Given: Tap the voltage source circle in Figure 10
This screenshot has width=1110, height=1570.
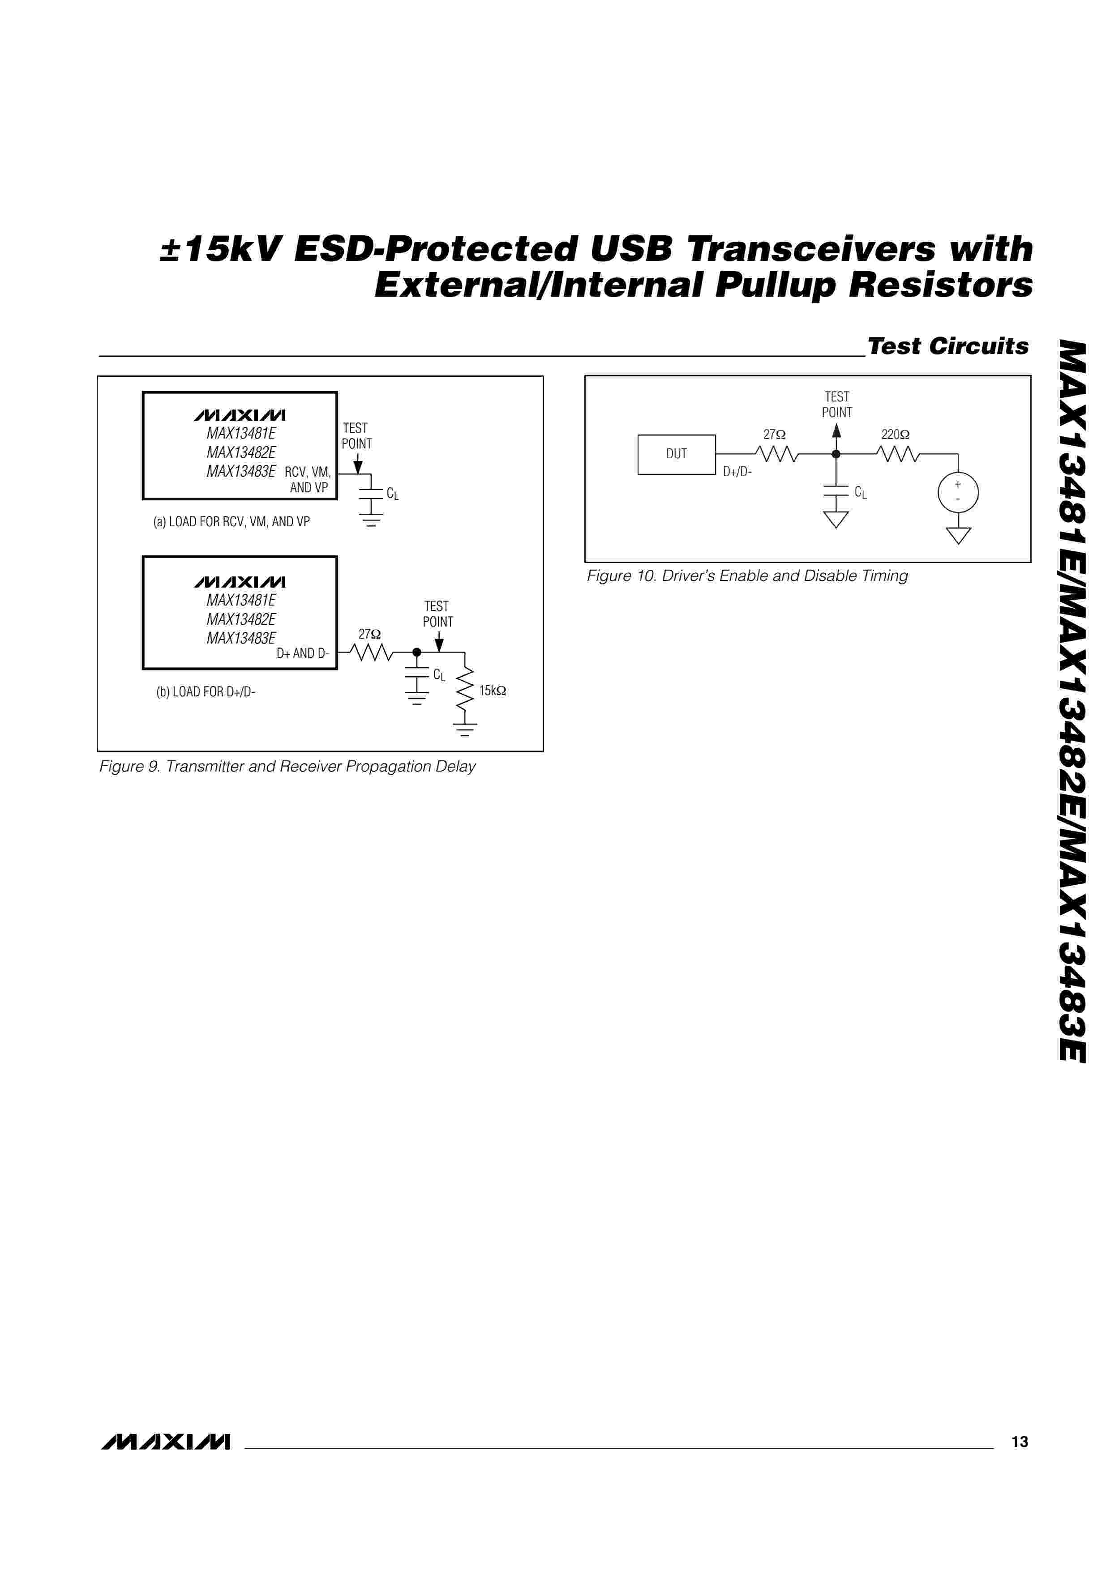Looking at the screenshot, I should click(x=957, y=492).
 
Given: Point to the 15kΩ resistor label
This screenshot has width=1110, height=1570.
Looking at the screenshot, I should click(x=493, y=691).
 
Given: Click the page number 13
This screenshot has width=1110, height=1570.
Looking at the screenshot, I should click(x=1019, y=1442).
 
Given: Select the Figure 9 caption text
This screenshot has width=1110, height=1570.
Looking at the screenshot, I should click(x=287, y=767).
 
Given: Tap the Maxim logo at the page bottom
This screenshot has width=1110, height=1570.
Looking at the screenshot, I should click(x=166, y=1442).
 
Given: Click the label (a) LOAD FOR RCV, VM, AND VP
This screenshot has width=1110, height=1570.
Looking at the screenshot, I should click(x=231, y=522).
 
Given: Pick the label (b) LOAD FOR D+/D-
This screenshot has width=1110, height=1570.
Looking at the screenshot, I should click(x=206, y=692).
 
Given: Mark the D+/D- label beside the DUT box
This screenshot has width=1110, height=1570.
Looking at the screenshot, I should click(x=737, y=472).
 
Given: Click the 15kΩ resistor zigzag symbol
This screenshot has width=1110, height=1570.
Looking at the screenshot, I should click(x=465, y=689).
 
